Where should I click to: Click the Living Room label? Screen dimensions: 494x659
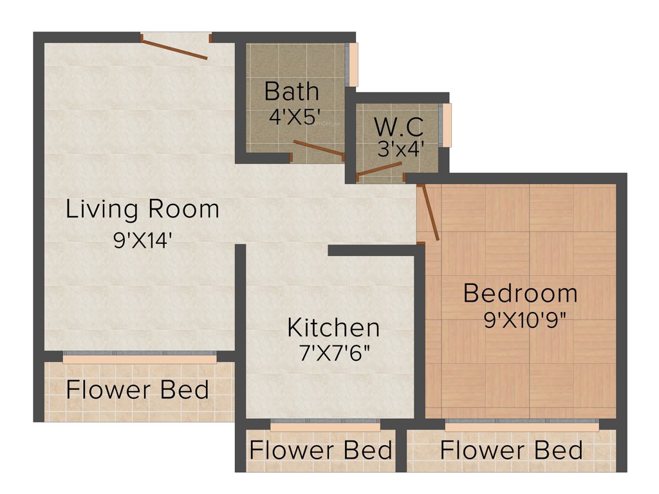(142, 210)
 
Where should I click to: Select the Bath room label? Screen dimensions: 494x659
(292, 91)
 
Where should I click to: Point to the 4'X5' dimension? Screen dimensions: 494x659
(295, 118)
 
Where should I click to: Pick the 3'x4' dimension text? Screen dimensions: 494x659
(401, 149)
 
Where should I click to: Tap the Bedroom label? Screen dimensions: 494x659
(520, 293)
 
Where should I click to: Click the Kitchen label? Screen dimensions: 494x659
(333, 327)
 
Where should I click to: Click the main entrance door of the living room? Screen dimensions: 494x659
(174, 50)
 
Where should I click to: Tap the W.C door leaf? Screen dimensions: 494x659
(380, 169)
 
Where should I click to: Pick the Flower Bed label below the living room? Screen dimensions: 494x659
(138, 390)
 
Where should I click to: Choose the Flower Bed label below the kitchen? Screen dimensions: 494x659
(320, 450)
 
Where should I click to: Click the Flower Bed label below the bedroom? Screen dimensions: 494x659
(512, 450)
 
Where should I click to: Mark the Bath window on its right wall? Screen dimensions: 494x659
(353, 64)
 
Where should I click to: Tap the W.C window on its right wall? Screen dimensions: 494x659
(446, 124)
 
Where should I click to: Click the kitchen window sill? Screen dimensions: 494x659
(325, 426)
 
